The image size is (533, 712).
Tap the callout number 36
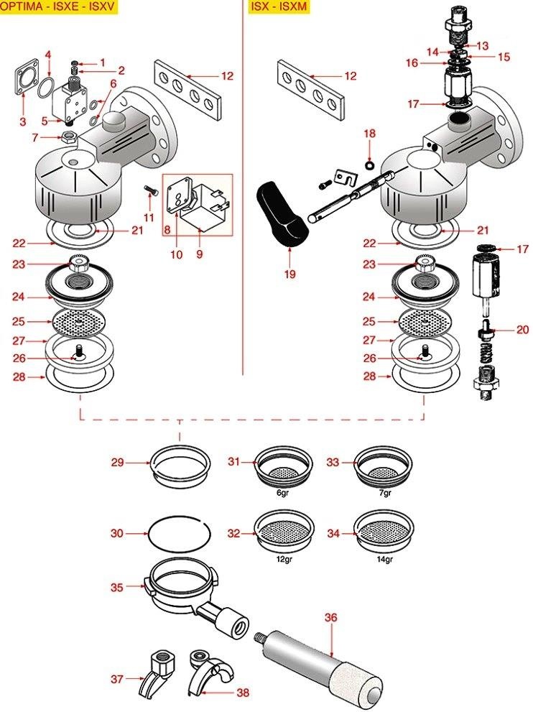click(x=330, y=617)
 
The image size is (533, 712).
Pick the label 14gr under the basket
click(x=384, y=560)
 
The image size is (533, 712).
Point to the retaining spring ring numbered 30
click(x=178, y=533)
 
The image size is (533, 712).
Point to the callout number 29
click(x=117, y=463)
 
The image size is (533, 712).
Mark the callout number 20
click(x=522, y=330)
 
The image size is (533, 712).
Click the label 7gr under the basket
click(x=385, y=493)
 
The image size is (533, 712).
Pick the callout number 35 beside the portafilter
click(x=117, y=587)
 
